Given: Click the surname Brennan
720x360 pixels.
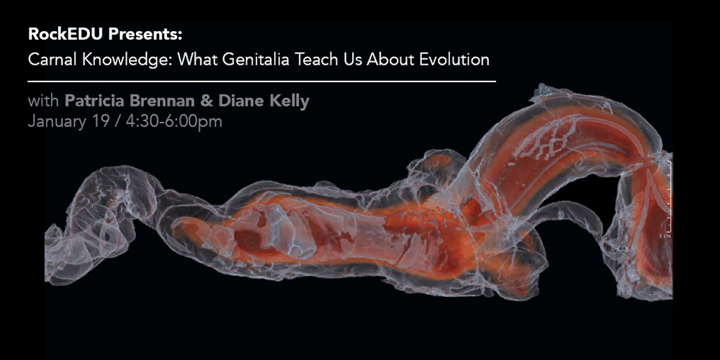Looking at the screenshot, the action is click(166, 101).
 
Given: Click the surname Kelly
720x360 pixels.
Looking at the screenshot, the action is click(289, 102).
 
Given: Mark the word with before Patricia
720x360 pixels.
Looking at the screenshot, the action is click(44, 101).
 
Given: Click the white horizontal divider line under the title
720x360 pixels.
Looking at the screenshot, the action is click(262, 82).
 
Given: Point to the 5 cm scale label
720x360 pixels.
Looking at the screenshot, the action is click(663, 236).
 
